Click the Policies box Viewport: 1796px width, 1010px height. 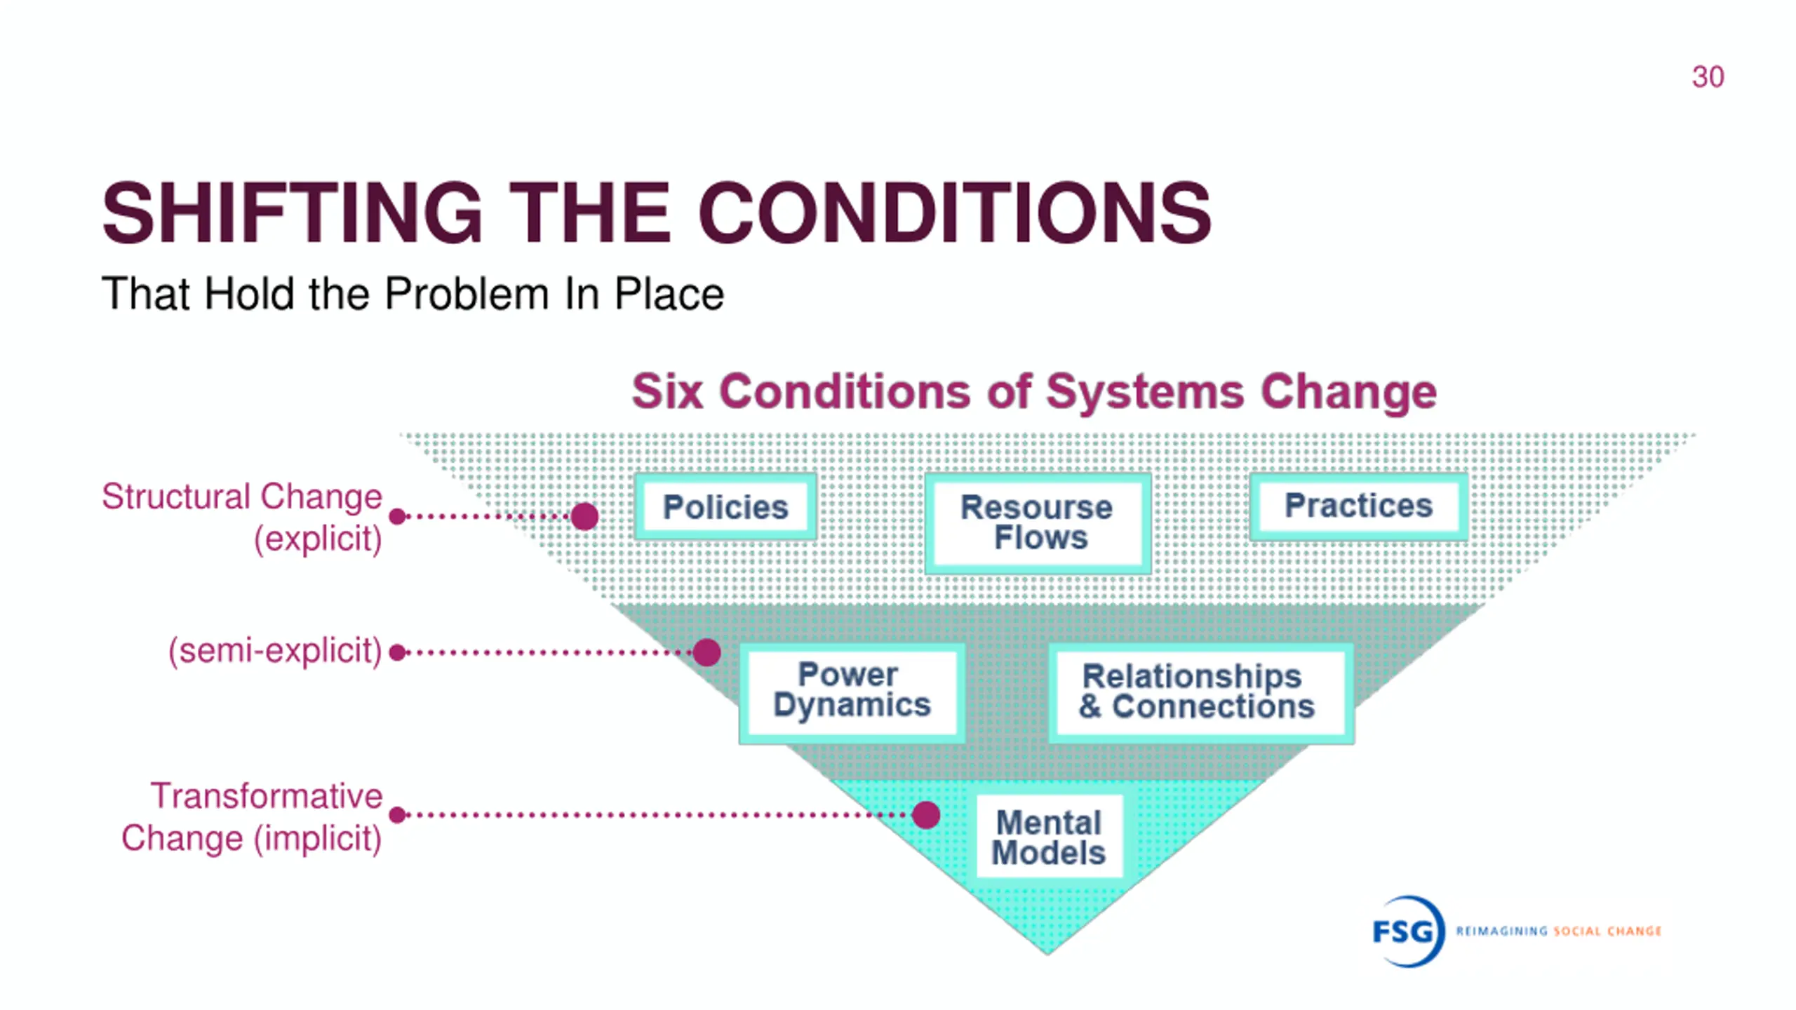725,506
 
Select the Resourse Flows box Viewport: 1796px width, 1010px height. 1037,523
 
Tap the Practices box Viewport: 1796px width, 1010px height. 1358,506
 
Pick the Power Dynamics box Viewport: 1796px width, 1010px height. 852,691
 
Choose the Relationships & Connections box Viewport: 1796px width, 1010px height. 1200,692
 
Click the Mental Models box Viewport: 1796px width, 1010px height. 1049,837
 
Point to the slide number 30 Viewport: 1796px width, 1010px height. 1708,77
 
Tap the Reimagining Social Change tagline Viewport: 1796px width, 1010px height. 1558,931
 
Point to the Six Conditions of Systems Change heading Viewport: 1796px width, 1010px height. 1034,391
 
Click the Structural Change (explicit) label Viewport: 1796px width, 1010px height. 243,517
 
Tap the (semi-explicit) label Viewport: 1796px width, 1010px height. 275,651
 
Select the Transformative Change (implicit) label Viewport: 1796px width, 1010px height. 253,816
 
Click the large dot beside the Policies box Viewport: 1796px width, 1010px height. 584,517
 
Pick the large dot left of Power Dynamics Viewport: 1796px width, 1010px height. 706,652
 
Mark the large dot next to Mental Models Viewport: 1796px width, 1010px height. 926,815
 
